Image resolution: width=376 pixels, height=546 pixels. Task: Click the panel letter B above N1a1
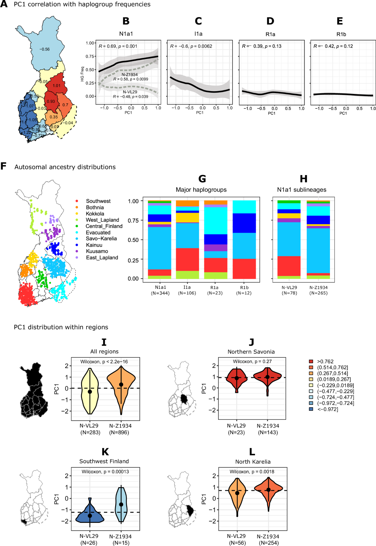pos(126,21)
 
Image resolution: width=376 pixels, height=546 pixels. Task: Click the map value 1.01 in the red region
pos(57,86)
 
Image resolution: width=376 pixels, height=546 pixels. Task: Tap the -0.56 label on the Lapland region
pos(44,49)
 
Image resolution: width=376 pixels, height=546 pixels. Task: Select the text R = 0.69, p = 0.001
pos(118,46)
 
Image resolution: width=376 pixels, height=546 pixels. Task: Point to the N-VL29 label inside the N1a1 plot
pos(130,92)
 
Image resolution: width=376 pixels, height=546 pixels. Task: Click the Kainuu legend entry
pos(94,245)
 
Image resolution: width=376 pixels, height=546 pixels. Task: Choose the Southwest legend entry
pos(98,201)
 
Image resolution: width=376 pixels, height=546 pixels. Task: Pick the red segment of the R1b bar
pos(244,268)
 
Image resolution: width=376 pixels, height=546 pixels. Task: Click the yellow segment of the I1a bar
pos(187,217)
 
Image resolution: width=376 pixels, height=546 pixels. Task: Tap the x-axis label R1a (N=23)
pos(215,290)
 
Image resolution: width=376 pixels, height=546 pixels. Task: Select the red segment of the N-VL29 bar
pos(289,266)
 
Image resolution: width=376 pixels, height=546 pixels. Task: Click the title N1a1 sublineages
pos(301,190)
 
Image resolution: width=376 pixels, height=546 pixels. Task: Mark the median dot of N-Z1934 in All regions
pos(121,384)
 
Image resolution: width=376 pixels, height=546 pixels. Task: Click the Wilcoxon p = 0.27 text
pos(252,361)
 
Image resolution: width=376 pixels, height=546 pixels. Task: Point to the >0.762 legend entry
pos(325,361)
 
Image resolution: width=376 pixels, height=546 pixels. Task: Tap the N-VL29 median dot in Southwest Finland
pos(90,516)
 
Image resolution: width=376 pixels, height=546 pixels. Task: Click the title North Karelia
pos(253,462)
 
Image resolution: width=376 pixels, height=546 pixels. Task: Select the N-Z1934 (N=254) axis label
pos(268,539)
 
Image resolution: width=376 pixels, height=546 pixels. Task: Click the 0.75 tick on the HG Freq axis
pos(90,56)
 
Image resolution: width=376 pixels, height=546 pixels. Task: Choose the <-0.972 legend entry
pos(327,409)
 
